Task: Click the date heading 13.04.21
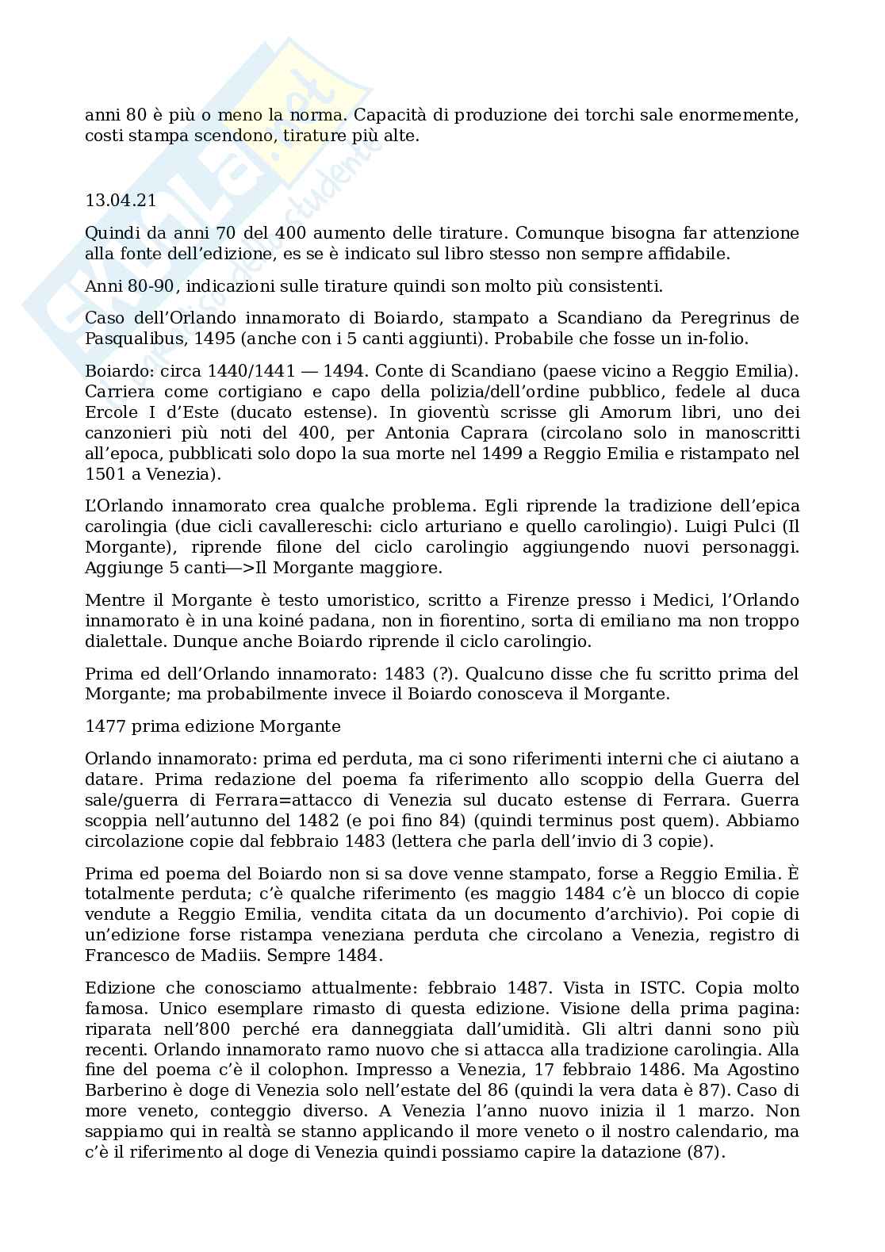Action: [x=121, y=201]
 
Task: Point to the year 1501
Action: [x=104, y=474]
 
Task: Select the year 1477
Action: [x=104, y=726]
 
